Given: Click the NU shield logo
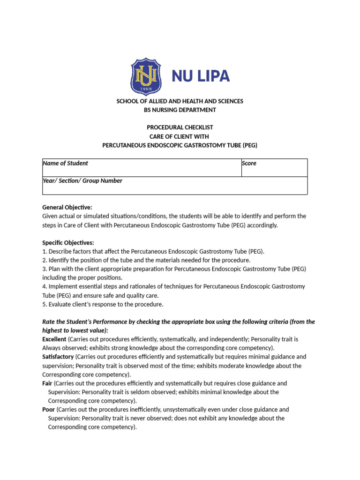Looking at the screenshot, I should (146, 76).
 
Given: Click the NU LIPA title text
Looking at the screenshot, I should (201, 76).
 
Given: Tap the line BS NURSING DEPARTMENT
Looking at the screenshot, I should (180, 110).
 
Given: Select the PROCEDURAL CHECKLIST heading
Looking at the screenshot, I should (180, 127).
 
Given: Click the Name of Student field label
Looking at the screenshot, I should (65, 163).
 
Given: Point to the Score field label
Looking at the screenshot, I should (249, 163).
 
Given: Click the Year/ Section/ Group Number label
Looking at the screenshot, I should (82, 180).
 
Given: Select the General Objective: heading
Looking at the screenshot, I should (67, 207).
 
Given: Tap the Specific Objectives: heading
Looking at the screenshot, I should (68, 242).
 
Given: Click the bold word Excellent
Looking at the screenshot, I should (54, 339).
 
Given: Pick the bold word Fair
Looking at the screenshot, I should (47, 383).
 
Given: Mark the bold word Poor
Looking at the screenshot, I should (49, 409).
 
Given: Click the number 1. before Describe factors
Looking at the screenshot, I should (45, 251).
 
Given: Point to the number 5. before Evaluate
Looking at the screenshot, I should (45, 304).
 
